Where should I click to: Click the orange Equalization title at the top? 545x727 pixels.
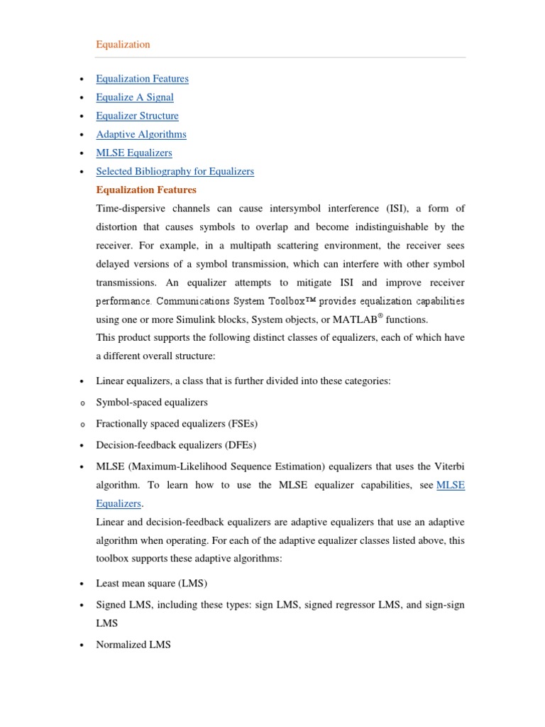[x=123, y=44]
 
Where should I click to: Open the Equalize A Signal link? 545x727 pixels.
[x=135, y=97]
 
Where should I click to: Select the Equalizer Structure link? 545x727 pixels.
[x=137, y=116]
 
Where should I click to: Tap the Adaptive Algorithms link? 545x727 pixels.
[x=141, y=134]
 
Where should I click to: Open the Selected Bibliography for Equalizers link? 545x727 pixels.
[x=175, y=171]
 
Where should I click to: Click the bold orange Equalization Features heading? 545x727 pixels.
[x=146, y=190]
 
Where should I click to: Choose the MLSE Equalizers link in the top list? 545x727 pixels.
[x=134, y=153]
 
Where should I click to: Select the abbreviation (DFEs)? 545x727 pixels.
[x=240, y=445]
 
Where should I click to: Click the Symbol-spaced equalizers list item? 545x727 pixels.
[x=152, y=403]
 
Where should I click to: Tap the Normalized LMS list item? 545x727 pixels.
[x=133, y=645]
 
